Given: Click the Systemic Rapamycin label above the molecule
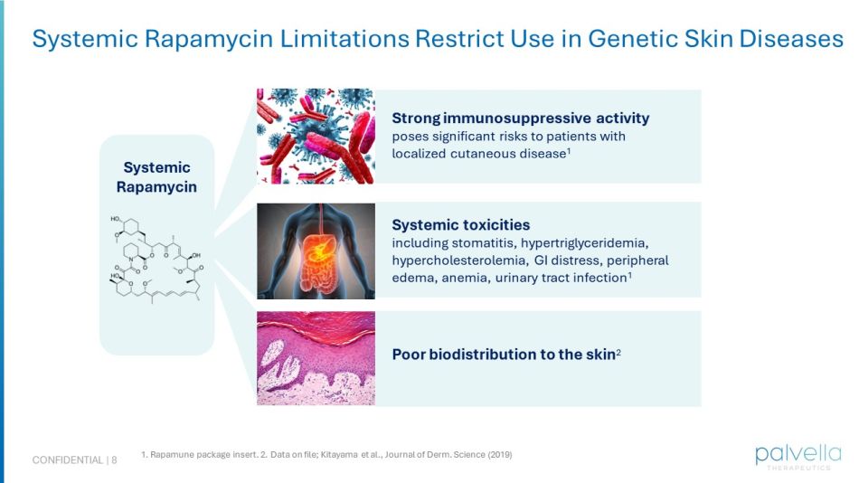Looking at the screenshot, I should pyautogui.click(x=156, y=177).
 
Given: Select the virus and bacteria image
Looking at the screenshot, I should pyautogui.click(x=316, y=136).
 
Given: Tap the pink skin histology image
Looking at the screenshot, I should pyautogui.click(x=316, y=358).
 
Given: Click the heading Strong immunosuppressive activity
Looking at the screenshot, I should pyautogui.click(x=520, y=118).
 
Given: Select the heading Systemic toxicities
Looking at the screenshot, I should pyautogui.click(x=460, y=224).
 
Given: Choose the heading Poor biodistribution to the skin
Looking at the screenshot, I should pyautogui.click(x=503, y=355).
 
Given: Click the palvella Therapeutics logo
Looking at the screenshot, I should pyautogui.click(x=798, y=455).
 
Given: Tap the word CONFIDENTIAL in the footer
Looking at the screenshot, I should pyautogui.click(x=68, y=460).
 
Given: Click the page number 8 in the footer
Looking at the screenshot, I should pyautogui.click(x=114, y=460).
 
